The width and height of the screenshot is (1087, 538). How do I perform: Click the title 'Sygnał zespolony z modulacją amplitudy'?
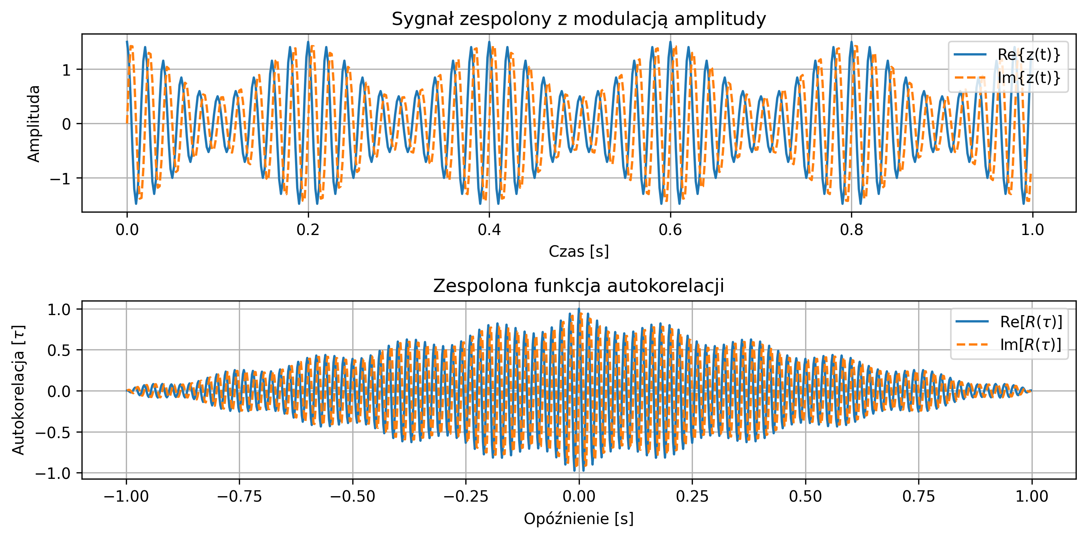[x=578, y=19]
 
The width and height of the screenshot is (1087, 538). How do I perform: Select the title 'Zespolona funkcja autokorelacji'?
[x=578, y=286]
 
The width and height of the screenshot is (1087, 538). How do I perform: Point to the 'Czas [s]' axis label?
[x=578, y=251]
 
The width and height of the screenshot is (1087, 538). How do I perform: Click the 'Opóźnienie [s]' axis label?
[x=578, y=519]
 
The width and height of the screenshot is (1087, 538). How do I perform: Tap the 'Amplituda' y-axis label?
[x=34, y=123]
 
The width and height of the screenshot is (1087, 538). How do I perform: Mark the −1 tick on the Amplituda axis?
[x=60, y=178]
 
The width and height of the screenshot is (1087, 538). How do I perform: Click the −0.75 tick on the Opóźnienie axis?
[x=240, y=496]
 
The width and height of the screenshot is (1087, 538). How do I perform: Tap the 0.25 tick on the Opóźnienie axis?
[x=692, y=496]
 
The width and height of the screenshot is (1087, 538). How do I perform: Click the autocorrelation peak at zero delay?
[x=579, y=309]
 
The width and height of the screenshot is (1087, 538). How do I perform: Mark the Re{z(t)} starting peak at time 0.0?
[x=127, y=42]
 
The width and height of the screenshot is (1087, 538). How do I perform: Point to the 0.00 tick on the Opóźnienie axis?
[x=579, y=496]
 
